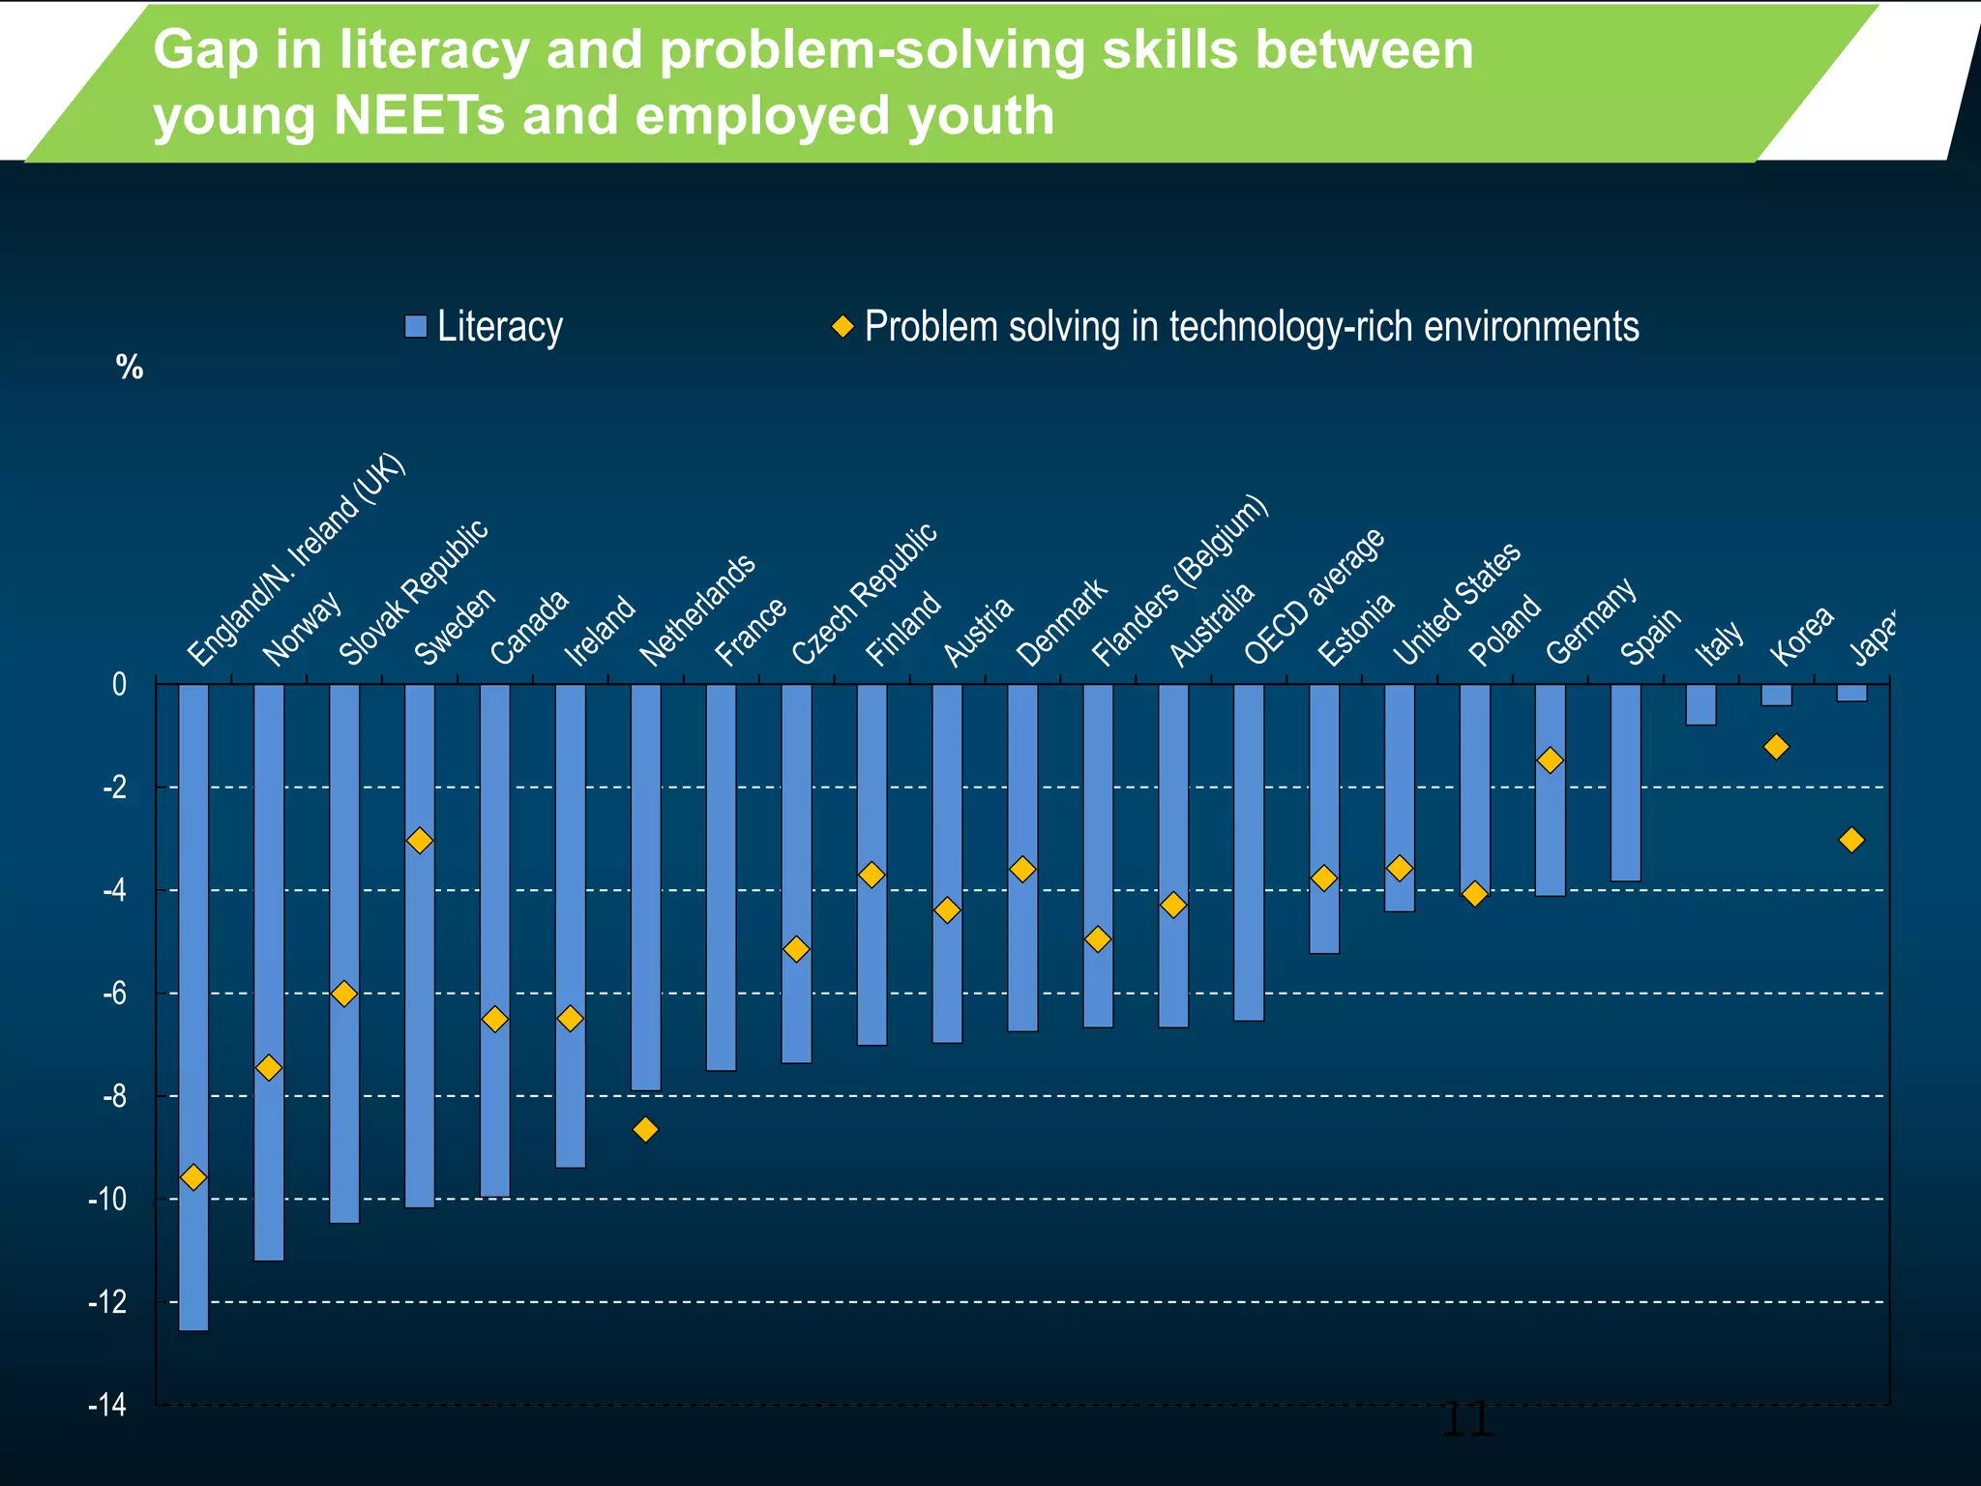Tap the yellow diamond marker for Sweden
click(x=419, y=841)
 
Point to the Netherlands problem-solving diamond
click(x=645, y=1129)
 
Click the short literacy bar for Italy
click(x=1700, y=704)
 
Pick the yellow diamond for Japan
click(x=1851, y=840)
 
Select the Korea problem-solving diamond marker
click(x=1776, y=747)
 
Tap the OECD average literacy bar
click(x=1249, y=851)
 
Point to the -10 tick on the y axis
click(x=107, y=1200)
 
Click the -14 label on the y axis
click(x=107, y=1405)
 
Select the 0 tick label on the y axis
click(x=119, y=685)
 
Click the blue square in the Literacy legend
click(x=416, y=327)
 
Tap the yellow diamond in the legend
click(x=843, y=326)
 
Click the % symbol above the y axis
click(x=130, y=368)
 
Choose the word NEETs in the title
click(x=420, y=116)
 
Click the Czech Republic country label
click(x=864, y=594)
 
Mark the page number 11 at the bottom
click(x=1466, y=1421)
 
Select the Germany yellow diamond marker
click(x=1550, y=760)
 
